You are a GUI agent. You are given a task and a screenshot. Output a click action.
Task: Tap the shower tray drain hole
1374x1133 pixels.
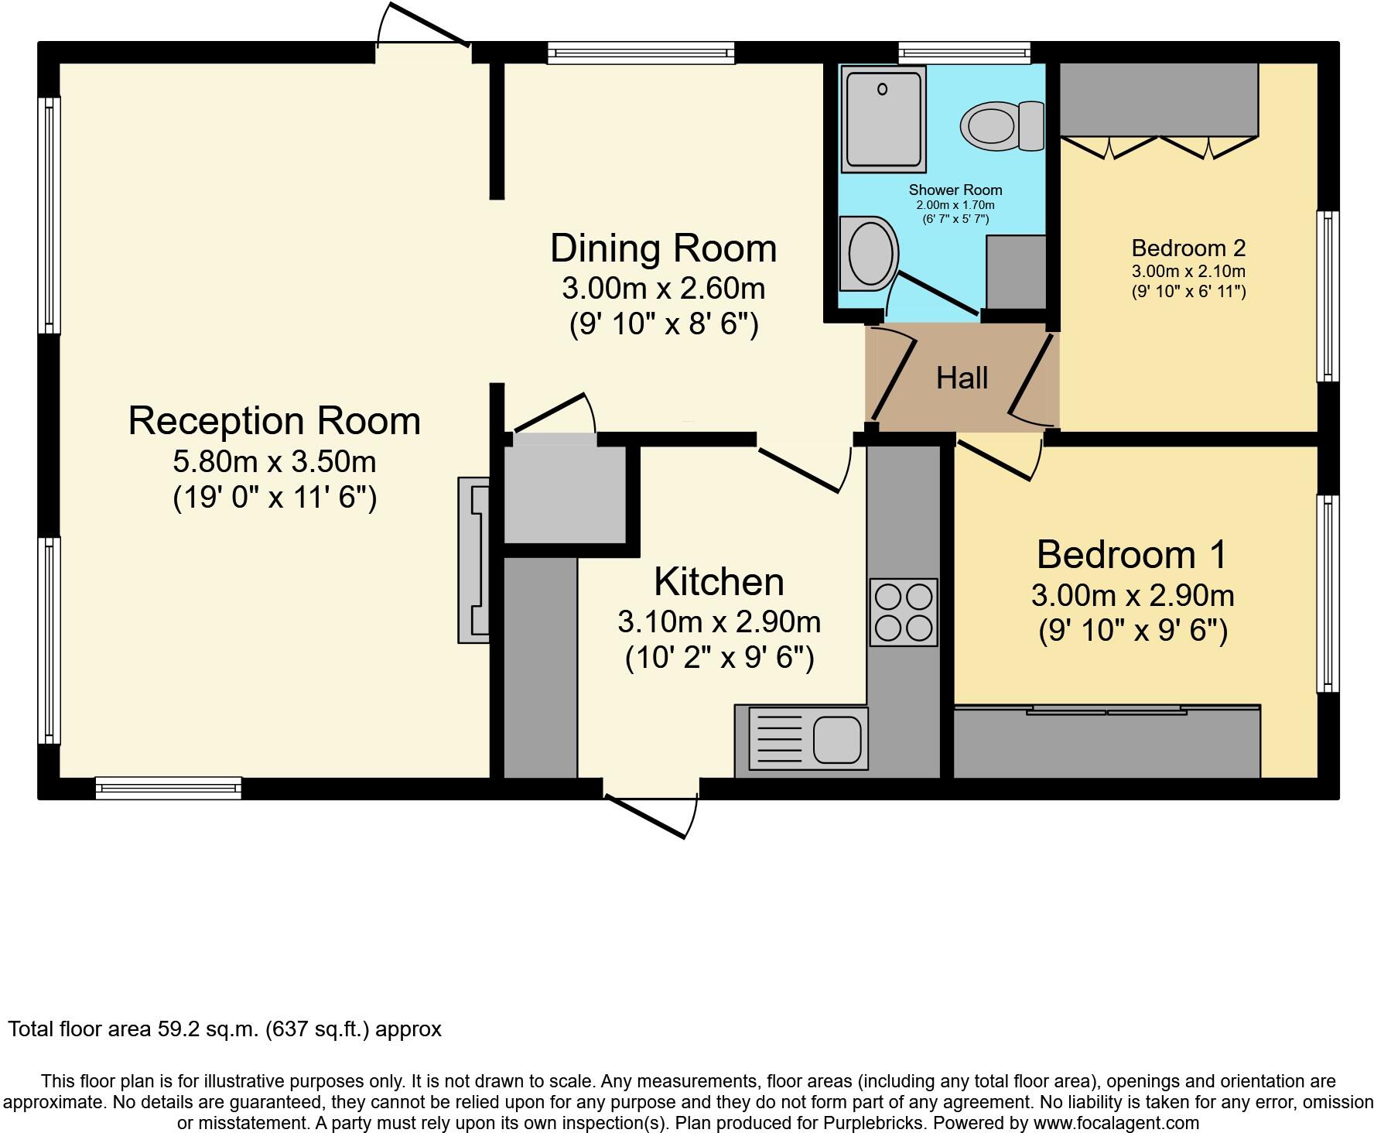coord(882,90)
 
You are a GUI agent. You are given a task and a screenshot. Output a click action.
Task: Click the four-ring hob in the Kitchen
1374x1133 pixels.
coord(903,612)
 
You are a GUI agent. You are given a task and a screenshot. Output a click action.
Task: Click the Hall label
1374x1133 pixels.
coord(962,378)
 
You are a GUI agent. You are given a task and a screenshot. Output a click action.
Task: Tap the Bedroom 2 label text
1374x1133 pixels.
coord(1188,248)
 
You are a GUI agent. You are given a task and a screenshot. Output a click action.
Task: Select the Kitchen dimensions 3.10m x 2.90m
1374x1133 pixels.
coord(719,621)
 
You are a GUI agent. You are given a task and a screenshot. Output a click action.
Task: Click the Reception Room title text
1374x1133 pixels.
coord(274,421)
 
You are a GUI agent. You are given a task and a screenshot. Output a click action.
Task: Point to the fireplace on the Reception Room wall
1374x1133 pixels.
coord(473,560)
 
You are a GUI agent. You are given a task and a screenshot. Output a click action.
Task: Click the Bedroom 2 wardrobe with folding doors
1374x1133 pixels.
coord(1157,101)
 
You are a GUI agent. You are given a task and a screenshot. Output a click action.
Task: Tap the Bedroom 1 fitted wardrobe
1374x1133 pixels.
coord(1106,741)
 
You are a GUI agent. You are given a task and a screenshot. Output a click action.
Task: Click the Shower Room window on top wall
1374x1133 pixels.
coord(964,53)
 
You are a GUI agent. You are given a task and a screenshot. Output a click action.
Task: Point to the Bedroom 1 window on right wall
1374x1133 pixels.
coord(1328,594)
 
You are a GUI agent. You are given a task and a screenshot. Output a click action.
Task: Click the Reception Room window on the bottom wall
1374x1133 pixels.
coord(168,788)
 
